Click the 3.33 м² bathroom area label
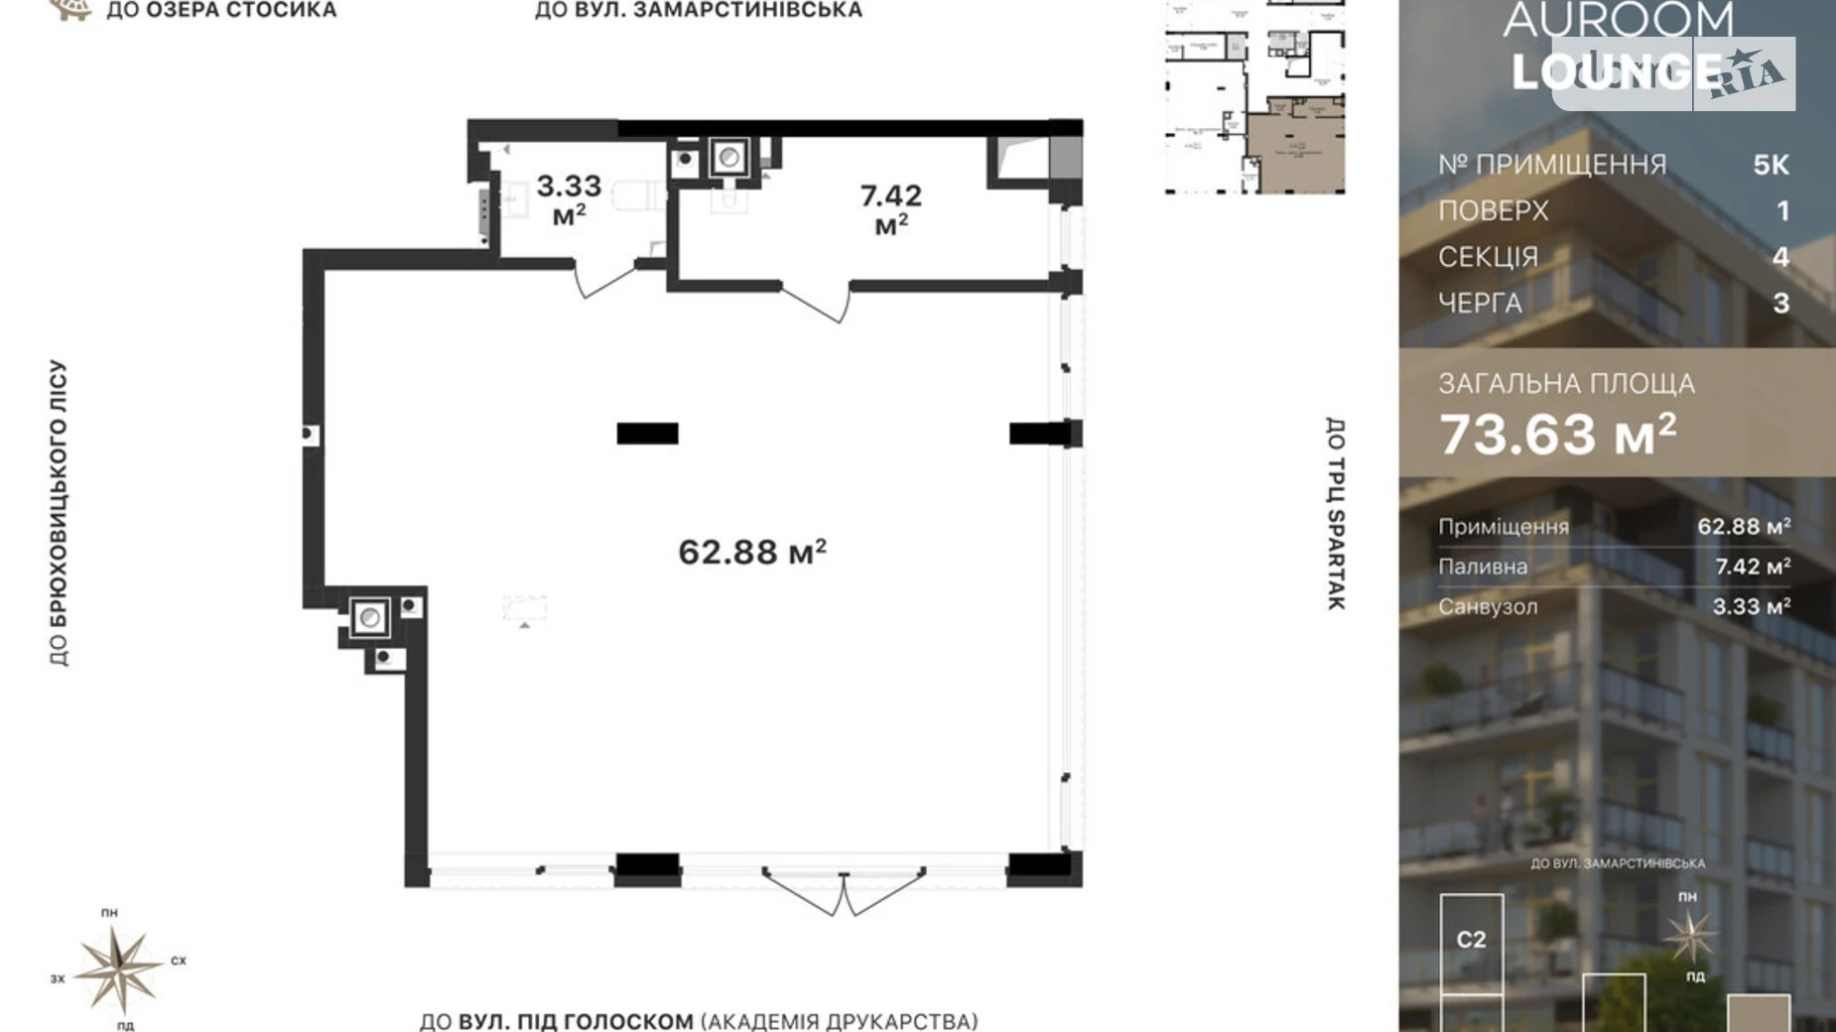[x=569, y=197]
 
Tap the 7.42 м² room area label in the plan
[x=890, y=207]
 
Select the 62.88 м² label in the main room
[x=752, y=552]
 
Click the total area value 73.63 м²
[x=1557, y=434]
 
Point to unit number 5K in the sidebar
[x=1770, y=165]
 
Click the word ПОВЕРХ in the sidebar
[x=1493, y=211]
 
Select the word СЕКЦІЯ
[x=1488, y=257]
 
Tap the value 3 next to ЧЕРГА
[x=1780, y=303]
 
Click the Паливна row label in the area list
[x=1483, y=567]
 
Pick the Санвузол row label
[x=1487, y=606]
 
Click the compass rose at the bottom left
[x=119, y=968]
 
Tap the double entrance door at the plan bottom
[x=844, y=892]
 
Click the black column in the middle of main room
[x=647, y=434]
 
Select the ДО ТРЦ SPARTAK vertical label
[x=1335, y=513]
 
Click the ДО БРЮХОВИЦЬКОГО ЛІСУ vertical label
[x=59, y=513]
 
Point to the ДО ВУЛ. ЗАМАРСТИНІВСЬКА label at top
[x=698, y=11]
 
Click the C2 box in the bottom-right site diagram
[x=1471, y=940]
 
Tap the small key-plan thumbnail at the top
[x=1254, y=96]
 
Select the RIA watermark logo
[x=1746, y=74]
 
